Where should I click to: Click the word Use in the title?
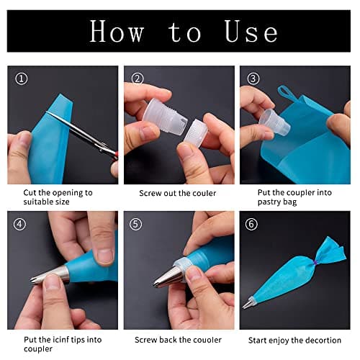(251, 32)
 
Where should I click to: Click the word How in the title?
(117, 32)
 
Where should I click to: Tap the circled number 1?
(22, 78)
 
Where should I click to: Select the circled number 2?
(138, 78)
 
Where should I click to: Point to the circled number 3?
(253, 78)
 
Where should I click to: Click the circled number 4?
(19, 224)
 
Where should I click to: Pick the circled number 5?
(135, 224)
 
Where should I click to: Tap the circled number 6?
(251, 224)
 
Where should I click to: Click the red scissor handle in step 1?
(115, 155)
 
